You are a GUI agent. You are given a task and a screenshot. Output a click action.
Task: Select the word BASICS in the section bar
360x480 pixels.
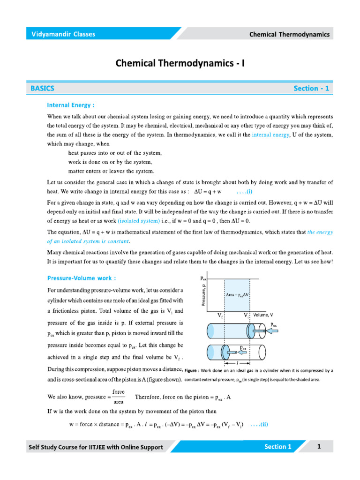tap(43, 88)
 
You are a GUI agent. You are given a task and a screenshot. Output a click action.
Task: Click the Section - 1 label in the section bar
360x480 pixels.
tap(311, 88)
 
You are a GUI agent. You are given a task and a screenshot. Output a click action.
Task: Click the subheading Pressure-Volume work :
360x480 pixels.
tap(82, 278)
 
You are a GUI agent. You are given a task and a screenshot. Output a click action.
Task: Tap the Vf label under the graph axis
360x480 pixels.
tap(220, 316)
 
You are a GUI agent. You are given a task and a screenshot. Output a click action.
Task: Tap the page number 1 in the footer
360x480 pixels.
tap(319, 447)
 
